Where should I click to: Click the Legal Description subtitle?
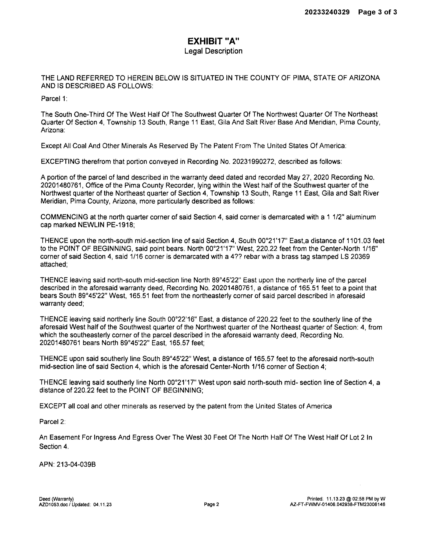213,51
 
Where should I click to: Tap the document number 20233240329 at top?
327,12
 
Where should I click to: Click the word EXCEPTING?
60,162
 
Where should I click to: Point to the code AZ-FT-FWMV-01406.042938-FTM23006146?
337,504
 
